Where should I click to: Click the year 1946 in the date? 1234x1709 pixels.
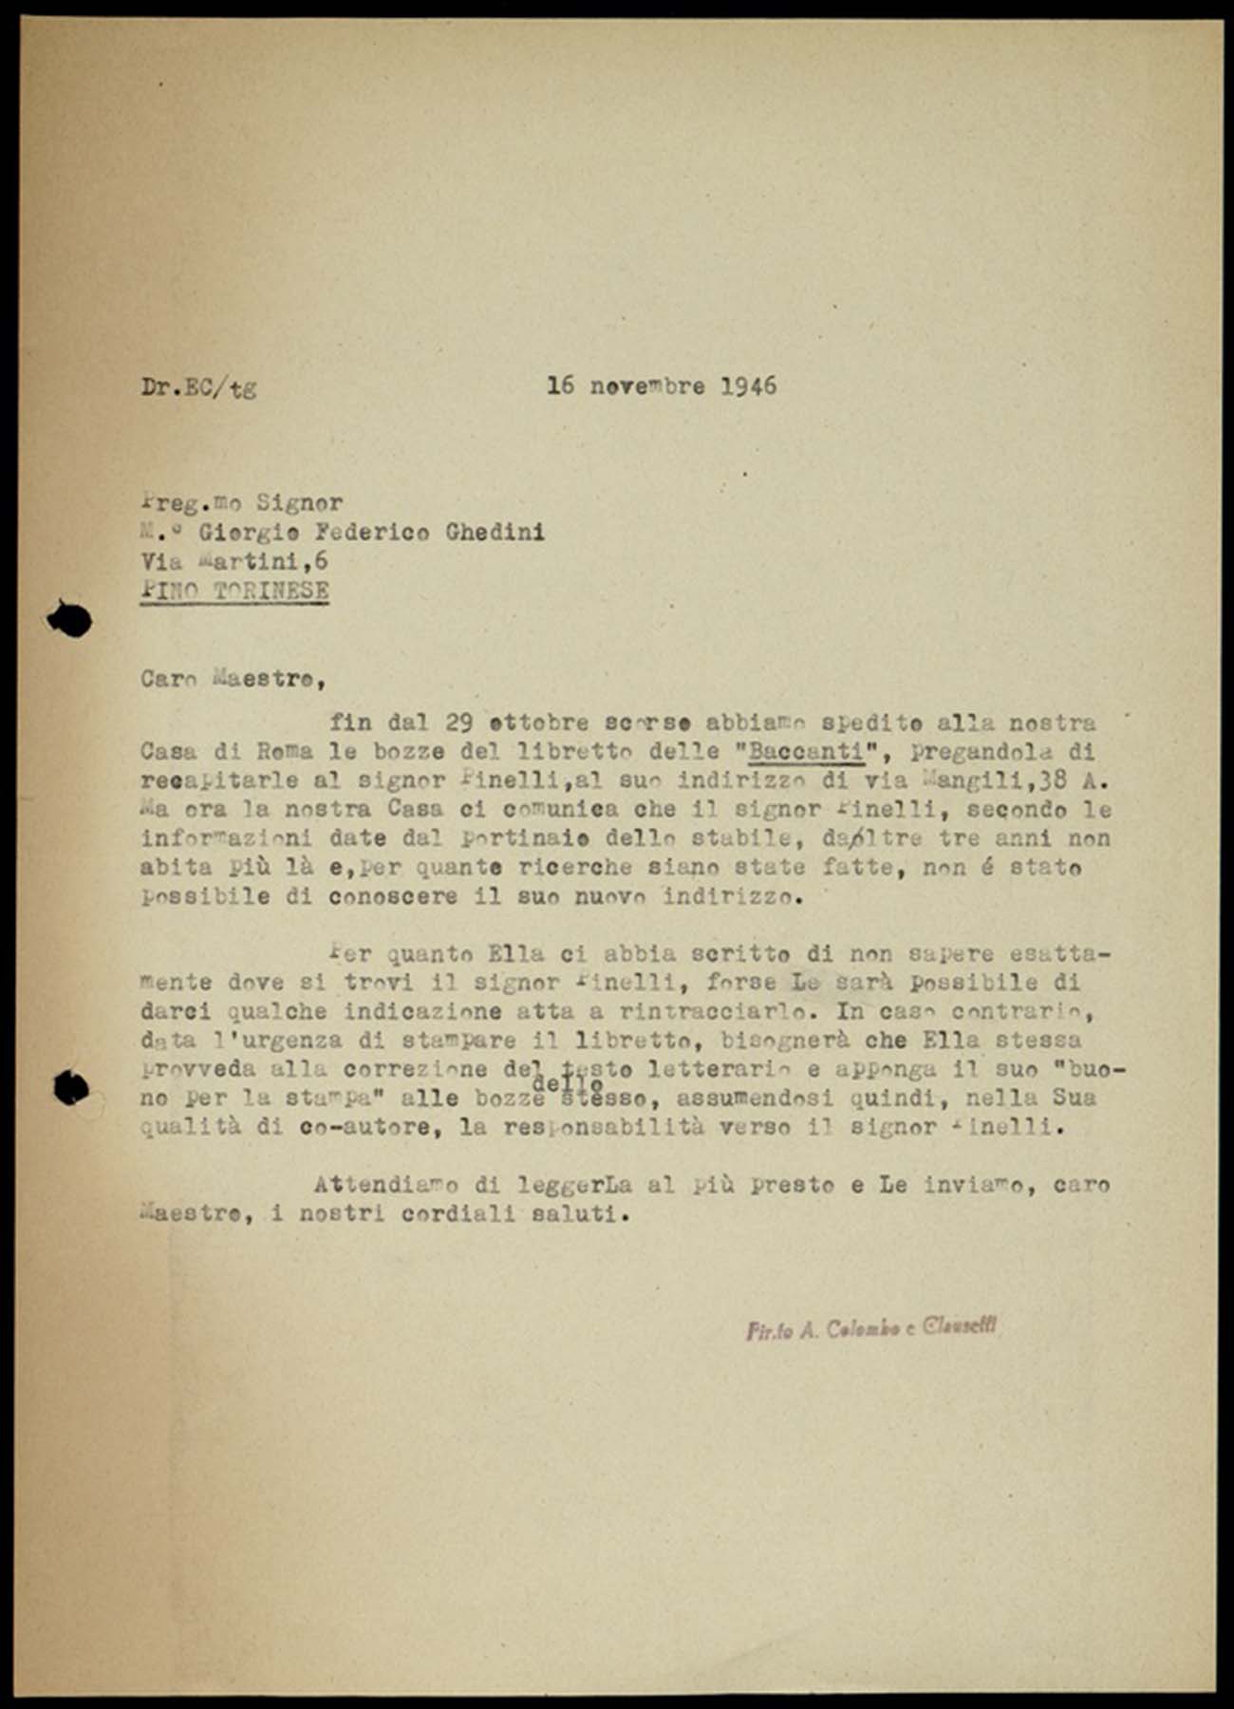pyautogui.click(x=748, y=385)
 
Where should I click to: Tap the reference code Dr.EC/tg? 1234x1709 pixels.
pyautogui.click(x=198, y=387)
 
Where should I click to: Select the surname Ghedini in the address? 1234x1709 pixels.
pyautogui.click(x=495, y=532)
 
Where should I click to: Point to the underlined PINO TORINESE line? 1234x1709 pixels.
pyautogui.click(x=234, y=590)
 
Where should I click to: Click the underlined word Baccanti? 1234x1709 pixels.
pyautogui.click(x=807, y=752)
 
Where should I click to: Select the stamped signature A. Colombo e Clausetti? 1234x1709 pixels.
pyautogui.click(x=870, y=1329)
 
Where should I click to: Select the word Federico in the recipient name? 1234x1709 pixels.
pyautogui.click(x=378, y=532)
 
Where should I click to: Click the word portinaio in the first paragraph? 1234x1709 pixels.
pyautogui.click(x=522, y=839)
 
